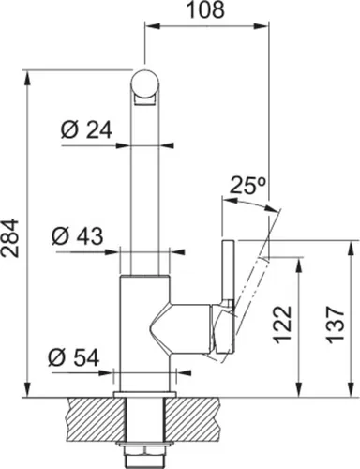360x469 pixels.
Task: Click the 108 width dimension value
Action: point(205,11)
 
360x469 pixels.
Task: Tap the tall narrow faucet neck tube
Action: point(145,188)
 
